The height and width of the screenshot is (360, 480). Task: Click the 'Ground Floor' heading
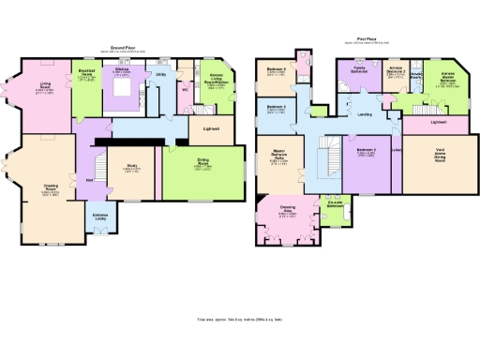120,45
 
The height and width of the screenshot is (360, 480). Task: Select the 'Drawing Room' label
51,187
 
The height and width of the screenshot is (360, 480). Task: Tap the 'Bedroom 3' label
275,109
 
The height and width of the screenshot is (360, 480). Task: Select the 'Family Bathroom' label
358,69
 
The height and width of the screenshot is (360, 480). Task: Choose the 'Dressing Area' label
288,211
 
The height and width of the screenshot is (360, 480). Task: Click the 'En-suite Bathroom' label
335,203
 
